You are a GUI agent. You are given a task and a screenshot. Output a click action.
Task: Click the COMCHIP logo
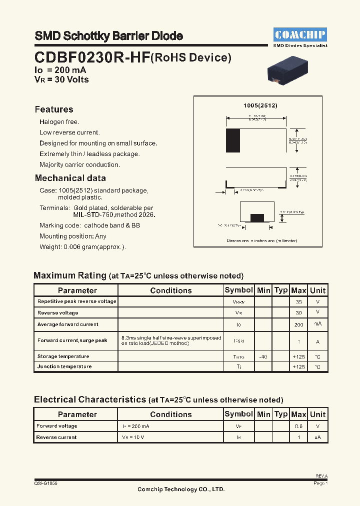pos(300,34)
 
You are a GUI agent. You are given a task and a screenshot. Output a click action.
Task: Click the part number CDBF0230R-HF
pos(92,58)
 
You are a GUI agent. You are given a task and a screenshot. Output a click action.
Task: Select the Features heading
pos(54,109)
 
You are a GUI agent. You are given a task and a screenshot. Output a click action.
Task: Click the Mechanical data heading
pos(70,178)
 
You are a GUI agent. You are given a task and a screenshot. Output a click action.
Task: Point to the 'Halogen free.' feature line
pos(59,122)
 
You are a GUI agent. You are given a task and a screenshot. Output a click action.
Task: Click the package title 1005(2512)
pos(260,106)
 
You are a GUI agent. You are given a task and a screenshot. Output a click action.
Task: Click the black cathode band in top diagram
pos(233,140)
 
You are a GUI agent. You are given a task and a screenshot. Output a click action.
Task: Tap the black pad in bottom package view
pos(257,217)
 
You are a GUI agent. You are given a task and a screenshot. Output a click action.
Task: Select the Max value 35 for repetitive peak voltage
pos(298,302)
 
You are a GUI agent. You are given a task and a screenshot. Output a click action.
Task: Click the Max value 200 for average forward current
pos(298,324)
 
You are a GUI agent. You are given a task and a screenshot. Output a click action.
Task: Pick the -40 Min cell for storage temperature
pos(263,356)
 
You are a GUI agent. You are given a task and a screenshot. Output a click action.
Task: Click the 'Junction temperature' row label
pos(64,366)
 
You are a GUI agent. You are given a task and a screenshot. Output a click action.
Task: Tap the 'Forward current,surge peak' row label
pos(72,340)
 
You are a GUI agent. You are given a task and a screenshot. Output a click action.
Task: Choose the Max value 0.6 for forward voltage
pos(298,426)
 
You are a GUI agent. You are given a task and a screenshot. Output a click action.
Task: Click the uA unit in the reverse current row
pos(317,437)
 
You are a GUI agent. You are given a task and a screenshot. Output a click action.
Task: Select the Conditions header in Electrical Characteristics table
pos(170,414)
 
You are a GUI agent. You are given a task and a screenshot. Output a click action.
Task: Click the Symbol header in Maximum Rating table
pos(238,290)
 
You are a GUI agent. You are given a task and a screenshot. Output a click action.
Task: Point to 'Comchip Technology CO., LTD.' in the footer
pos(181,489)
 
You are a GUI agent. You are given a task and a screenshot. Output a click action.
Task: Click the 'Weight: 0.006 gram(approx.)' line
pos(82,247)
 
